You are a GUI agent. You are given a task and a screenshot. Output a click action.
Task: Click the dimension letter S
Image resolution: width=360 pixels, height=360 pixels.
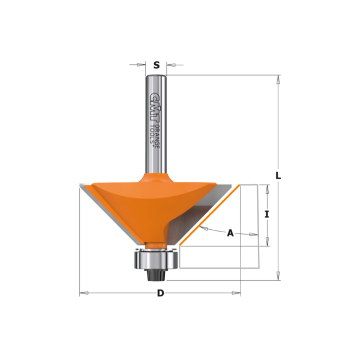[157, 65]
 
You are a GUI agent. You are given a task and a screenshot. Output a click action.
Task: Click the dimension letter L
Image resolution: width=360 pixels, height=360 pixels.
[278, 176]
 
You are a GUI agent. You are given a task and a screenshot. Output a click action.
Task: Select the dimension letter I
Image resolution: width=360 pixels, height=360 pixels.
[267, 214]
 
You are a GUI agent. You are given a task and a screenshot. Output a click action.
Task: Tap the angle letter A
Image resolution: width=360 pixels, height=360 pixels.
[230, 233]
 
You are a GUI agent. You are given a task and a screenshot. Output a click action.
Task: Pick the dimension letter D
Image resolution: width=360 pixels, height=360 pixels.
[160, 293]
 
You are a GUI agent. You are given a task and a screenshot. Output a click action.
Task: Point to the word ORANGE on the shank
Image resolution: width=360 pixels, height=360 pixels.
[157, 136]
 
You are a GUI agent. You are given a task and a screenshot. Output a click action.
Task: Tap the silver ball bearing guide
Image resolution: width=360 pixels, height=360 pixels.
[156, 260]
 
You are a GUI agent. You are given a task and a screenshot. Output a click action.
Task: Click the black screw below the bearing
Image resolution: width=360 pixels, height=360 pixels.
[156, 275]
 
